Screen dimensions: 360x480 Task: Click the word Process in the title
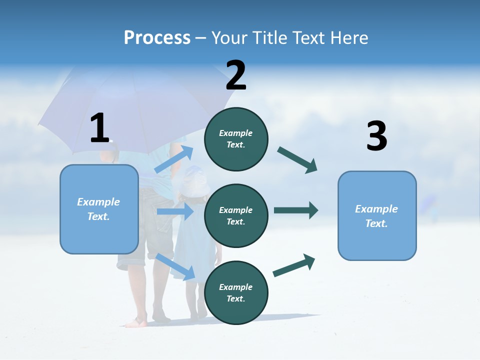click(x=157, y=37)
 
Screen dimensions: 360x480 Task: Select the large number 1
click(x=99, y=128)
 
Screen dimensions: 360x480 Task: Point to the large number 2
click(x=236, y=75)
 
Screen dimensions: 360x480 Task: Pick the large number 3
click(x=376, y=136)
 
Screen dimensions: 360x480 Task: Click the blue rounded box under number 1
click(x=99, y=209)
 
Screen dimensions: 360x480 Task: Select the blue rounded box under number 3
click(x=377, y=215)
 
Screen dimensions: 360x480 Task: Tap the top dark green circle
click(x=236, y=139)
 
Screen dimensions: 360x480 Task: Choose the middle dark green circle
click(x=236, y=215)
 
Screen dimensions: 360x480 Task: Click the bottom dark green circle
click(x=236, y=292)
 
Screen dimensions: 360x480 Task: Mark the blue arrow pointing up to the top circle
click(x=174, y=159)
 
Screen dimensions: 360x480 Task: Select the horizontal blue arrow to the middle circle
click(x=175, y=211)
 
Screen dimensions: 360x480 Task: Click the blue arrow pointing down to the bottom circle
click(x=175, y=266)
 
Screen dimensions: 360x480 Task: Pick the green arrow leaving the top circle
click(x=297, y=159)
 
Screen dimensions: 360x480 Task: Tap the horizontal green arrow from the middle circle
click(x=295, y=210)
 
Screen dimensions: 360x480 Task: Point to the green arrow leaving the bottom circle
click(x=294, y=265)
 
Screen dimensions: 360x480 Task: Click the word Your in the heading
click(x=229, y=37)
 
